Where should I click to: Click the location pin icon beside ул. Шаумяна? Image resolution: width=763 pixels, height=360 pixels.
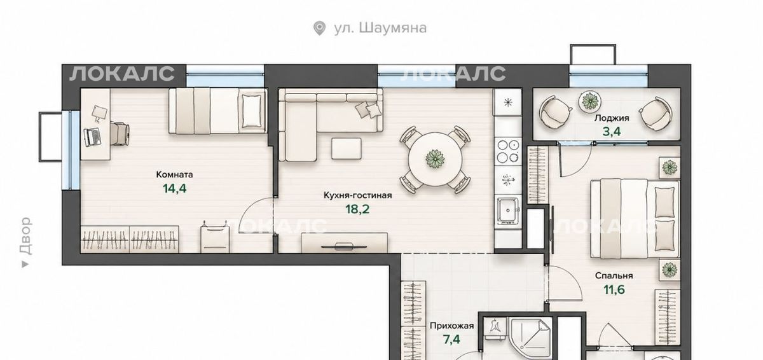(319, 28)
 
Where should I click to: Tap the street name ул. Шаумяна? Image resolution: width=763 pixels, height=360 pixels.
(380, 28)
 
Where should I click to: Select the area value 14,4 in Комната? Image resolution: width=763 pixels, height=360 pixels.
(175, 188)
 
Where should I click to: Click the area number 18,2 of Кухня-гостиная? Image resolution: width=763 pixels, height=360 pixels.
(357, 209)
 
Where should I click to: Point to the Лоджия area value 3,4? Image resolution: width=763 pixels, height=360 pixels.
(612, 132)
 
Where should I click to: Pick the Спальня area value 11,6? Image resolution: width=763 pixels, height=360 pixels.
(614, 289)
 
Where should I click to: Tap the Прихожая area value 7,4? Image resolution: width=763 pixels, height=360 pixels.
(451, 340)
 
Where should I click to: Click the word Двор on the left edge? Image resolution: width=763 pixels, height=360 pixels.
(26, 236)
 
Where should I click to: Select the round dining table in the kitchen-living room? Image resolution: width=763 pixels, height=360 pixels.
(436, 159)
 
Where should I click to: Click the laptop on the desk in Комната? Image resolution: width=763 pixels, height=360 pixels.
(92, 137)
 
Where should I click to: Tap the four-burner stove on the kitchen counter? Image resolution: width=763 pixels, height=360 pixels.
(507, 151)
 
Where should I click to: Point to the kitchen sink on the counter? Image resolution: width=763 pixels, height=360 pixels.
(508, 211)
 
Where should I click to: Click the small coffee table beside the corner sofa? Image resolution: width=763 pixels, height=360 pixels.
(347, 148)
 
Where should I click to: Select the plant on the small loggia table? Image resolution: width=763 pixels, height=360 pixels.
(589, 100)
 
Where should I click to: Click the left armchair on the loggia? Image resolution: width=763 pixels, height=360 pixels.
(555, 112)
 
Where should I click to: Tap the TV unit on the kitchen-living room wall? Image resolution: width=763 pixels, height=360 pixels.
(345, 243)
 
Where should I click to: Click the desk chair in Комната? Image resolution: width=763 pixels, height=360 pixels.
(120, 134)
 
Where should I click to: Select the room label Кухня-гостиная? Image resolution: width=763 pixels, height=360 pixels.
(357, 195)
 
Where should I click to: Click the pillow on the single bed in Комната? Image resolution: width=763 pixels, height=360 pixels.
(252, 111)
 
